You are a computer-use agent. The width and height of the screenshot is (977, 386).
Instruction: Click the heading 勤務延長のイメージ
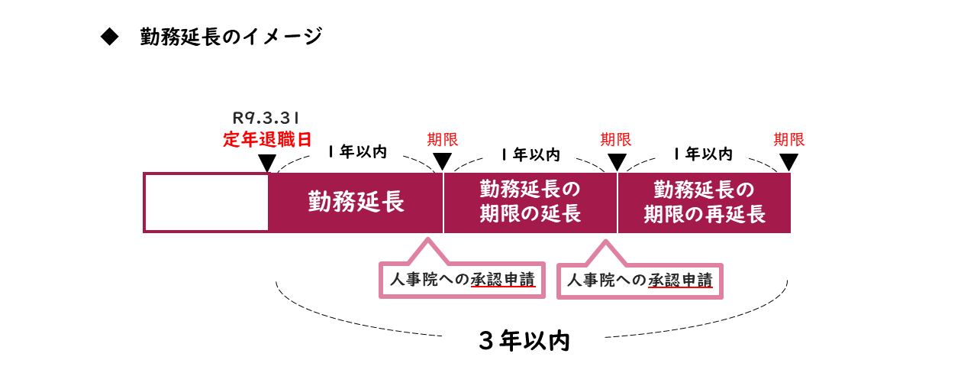231,37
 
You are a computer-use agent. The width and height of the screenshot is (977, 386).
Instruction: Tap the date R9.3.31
266,118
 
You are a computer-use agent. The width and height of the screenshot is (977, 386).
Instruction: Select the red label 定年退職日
267,140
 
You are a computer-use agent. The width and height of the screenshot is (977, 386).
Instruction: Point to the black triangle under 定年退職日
267,163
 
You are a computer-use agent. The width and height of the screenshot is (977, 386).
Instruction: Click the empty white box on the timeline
206,203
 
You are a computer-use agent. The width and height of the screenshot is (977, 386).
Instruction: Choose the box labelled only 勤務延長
356,203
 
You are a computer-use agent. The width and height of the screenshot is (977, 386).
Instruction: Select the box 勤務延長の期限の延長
530,202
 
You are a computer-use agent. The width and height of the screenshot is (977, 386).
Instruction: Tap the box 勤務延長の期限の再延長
704,202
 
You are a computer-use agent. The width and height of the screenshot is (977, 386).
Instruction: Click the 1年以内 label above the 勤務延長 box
357,152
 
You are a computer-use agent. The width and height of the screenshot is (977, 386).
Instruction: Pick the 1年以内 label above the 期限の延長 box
530,154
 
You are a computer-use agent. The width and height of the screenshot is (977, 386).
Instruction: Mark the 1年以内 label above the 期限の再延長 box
704,154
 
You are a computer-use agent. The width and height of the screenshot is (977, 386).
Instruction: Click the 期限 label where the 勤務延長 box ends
443,140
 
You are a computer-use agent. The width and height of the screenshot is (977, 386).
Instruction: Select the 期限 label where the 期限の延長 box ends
616,140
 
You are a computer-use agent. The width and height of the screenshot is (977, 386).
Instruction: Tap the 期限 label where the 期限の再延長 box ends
789,140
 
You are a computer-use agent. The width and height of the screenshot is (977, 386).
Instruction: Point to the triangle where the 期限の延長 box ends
617,163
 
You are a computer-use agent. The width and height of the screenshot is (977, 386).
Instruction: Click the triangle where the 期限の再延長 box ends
789,163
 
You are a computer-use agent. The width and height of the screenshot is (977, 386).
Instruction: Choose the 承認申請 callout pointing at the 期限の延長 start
463,279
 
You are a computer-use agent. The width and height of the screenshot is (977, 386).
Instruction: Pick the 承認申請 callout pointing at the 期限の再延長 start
640,281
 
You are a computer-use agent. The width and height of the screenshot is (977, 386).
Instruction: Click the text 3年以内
524,341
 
